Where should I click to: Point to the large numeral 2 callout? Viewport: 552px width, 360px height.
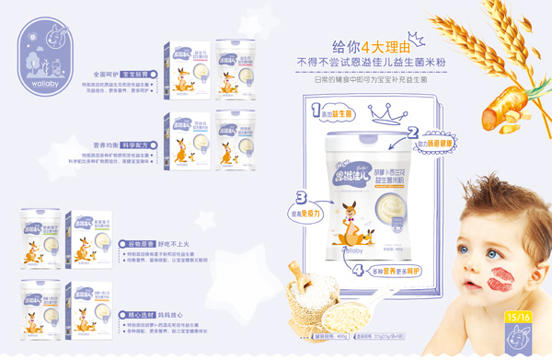(413, 133)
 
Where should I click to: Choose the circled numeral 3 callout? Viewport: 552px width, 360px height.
(301, 196)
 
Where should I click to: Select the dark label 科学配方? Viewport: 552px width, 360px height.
(136, 145)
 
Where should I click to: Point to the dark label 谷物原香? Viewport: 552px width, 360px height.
(137, 243)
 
